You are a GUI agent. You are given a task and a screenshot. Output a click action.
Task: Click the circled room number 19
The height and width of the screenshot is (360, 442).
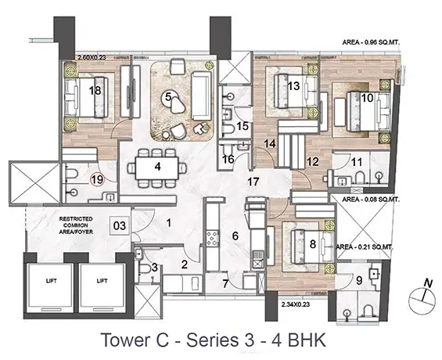pyautogui.click(x=97, y=179)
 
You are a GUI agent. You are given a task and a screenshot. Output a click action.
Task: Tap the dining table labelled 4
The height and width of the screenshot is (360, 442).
pyautogui.click(x=157, y=167)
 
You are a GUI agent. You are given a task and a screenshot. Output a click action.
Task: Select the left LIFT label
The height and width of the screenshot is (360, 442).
pyautogui.click(x=52, y=281)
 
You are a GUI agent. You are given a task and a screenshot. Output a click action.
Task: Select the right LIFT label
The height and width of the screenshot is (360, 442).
pyautogui.click(x=102, y=281)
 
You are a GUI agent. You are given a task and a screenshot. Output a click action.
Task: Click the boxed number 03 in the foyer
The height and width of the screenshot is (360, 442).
pyautogui.click(x=120, y=225)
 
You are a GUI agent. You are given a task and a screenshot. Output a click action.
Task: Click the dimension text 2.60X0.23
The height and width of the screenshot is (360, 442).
pyautogui.click(x=92, y=57)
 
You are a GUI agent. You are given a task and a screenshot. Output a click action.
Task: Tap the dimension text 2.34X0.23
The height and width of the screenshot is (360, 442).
pyautogui.click(x=296, y=304)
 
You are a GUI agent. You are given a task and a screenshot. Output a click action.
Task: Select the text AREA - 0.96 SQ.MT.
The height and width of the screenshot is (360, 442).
pyautogui.click(x=372, y=42)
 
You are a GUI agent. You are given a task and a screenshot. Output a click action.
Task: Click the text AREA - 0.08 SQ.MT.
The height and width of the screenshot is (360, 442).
pyautogui.click(x=371, y=200)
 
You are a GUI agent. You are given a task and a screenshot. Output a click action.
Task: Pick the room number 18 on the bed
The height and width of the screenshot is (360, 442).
pyautogui.click(x=95, y=91)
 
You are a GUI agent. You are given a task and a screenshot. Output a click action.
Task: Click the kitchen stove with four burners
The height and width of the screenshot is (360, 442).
pyautogui.click(x=213, y=238)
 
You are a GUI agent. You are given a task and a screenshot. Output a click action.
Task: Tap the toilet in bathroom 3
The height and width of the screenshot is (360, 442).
pyautogui.click(x=145, y=268)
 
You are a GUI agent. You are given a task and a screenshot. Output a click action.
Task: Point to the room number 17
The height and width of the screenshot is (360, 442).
pyautogui.click(x=253, y=182)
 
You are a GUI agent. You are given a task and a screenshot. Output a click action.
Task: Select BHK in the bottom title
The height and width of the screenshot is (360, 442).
pyautogui.click(x=307, y=340)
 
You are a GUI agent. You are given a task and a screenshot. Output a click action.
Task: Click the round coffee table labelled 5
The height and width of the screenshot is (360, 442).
pyautogui.click(x=168, y=98)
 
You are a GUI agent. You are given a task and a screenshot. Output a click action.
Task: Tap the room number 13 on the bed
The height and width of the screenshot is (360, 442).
pyautogui.click(x=293, y=86)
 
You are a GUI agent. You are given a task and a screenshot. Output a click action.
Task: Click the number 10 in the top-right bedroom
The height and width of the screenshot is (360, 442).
pyautogui.click(x=367, y=98)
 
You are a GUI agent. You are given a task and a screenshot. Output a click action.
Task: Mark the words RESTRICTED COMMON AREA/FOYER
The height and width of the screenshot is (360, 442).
pyautogui.click(x=76, y=225)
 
